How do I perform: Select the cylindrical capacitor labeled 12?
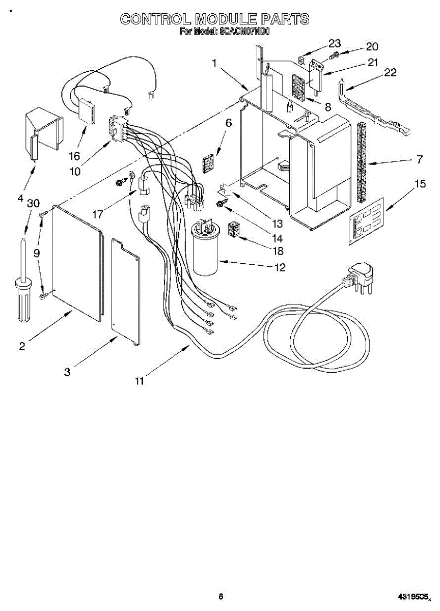[x=205, y=251]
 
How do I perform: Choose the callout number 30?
[x=33, y=202]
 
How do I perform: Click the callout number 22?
[x=390, y=72]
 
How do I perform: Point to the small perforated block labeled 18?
[x=234, y=231]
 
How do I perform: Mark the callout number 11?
[x=140, y=380]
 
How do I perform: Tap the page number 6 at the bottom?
[x=221, y=597]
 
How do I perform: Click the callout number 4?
[x=21, y=199]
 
